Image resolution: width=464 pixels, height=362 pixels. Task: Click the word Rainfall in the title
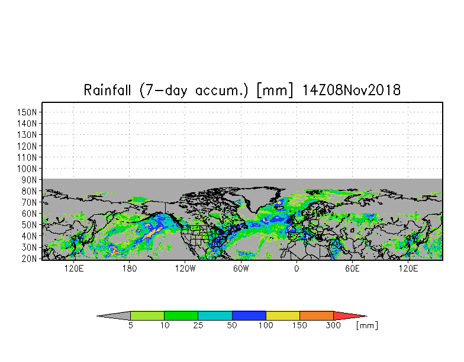coord(107,90)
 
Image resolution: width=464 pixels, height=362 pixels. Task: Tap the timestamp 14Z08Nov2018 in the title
coord(352,90)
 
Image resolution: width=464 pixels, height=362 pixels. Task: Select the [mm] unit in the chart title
coord(275,90)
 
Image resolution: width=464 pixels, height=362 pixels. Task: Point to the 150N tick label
coord(27,112)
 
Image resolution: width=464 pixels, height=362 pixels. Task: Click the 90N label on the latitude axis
coord(30,180)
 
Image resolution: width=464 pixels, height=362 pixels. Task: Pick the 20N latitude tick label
coord(30,259)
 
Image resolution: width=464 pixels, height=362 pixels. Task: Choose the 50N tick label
coord(30,225)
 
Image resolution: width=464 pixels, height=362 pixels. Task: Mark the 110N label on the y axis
coord(27,157)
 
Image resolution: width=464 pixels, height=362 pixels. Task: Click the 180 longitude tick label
coord(129,269)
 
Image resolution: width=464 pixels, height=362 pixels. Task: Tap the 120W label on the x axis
coord(185,269)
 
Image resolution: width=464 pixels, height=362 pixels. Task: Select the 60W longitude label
coord(241,269)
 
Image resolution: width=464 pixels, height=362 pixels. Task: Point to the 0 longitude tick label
coord(297,269)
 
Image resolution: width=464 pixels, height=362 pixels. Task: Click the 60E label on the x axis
coord(352,269)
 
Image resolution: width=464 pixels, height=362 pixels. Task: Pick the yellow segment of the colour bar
coord(283,316)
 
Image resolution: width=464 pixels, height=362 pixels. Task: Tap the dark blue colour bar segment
coord(249,316)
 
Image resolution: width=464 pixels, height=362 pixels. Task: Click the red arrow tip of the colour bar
coord(367,316)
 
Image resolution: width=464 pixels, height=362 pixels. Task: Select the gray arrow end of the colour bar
coord(98,316)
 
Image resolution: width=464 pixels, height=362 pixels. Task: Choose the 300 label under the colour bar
coord(333,325)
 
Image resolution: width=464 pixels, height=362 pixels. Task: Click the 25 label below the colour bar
coord(198,325)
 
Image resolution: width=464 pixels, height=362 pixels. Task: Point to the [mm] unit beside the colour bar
coord(367,325)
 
